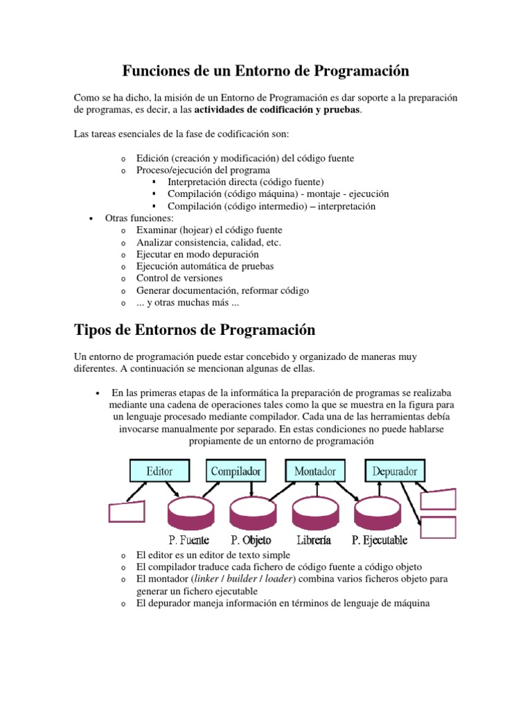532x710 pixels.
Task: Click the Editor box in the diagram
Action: [x=160, y=472]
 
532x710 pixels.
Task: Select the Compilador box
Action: [x=236, y=472]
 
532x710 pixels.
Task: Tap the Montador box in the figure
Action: [x=315, y=471]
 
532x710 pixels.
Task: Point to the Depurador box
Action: [x=395, y=472]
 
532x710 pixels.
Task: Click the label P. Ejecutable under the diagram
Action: [x=380, y=540]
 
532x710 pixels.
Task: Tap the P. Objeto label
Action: [x=251, y=540]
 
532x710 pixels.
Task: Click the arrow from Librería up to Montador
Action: [x=316, y=490]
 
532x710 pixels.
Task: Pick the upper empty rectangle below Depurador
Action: [x=438, y=499]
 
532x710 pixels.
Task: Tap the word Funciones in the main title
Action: [x=158, y=71]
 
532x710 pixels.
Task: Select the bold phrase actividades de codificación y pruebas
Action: [x=277, y=110]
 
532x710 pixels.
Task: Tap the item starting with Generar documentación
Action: [x=222, y=291]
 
